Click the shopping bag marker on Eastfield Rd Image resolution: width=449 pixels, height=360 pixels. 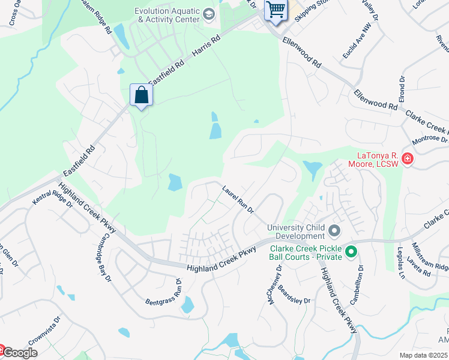click(141, 95)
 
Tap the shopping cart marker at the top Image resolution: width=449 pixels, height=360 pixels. click(276, 10)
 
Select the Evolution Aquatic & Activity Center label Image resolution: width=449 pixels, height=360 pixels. click(167, 15)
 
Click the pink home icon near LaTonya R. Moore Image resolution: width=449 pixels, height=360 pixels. click(408, 159)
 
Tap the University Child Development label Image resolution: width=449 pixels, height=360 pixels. click(296, 232)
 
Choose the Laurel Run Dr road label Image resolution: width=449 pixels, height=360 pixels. click(238, 200)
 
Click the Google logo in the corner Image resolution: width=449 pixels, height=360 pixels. click(19, 353)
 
